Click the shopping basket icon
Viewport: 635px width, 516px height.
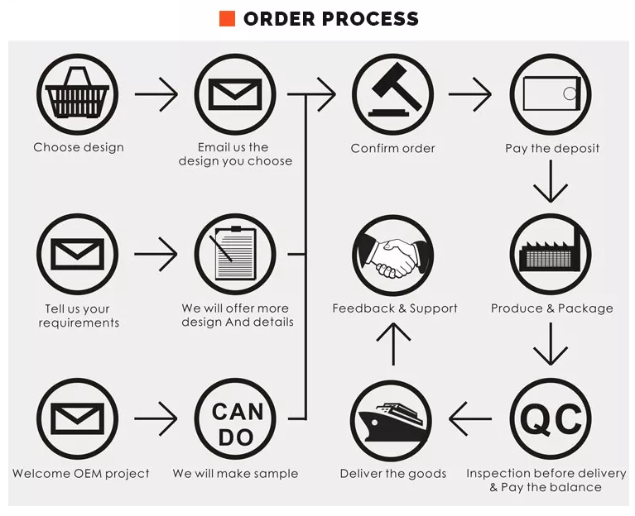pos(78,93)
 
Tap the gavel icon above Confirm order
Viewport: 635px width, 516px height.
pos(392,93)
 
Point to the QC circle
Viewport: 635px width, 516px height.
pos(551,419)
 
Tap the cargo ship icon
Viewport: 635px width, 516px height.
pos(392,419)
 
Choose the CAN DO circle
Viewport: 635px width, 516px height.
pos(235,419)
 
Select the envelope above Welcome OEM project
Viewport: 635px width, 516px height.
pos(78,419)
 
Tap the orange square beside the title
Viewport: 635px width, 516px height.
pos(227,18)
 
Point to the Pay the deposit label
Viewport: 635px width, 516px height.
pos(552,149)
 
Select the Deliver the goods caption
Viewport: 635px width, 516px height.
pos(392,474)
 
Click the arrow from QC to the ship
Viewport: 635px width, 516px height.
pos(470,419)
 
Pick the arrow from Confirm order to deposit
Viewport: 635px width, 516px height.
pos(469,94)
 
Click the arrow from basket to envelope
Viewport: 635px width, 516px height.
pos(156,94)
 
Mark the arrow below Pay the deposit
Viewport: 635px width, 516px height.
pos(551,182)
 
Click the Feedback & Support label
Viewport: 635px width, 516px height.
pos(395,308)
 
